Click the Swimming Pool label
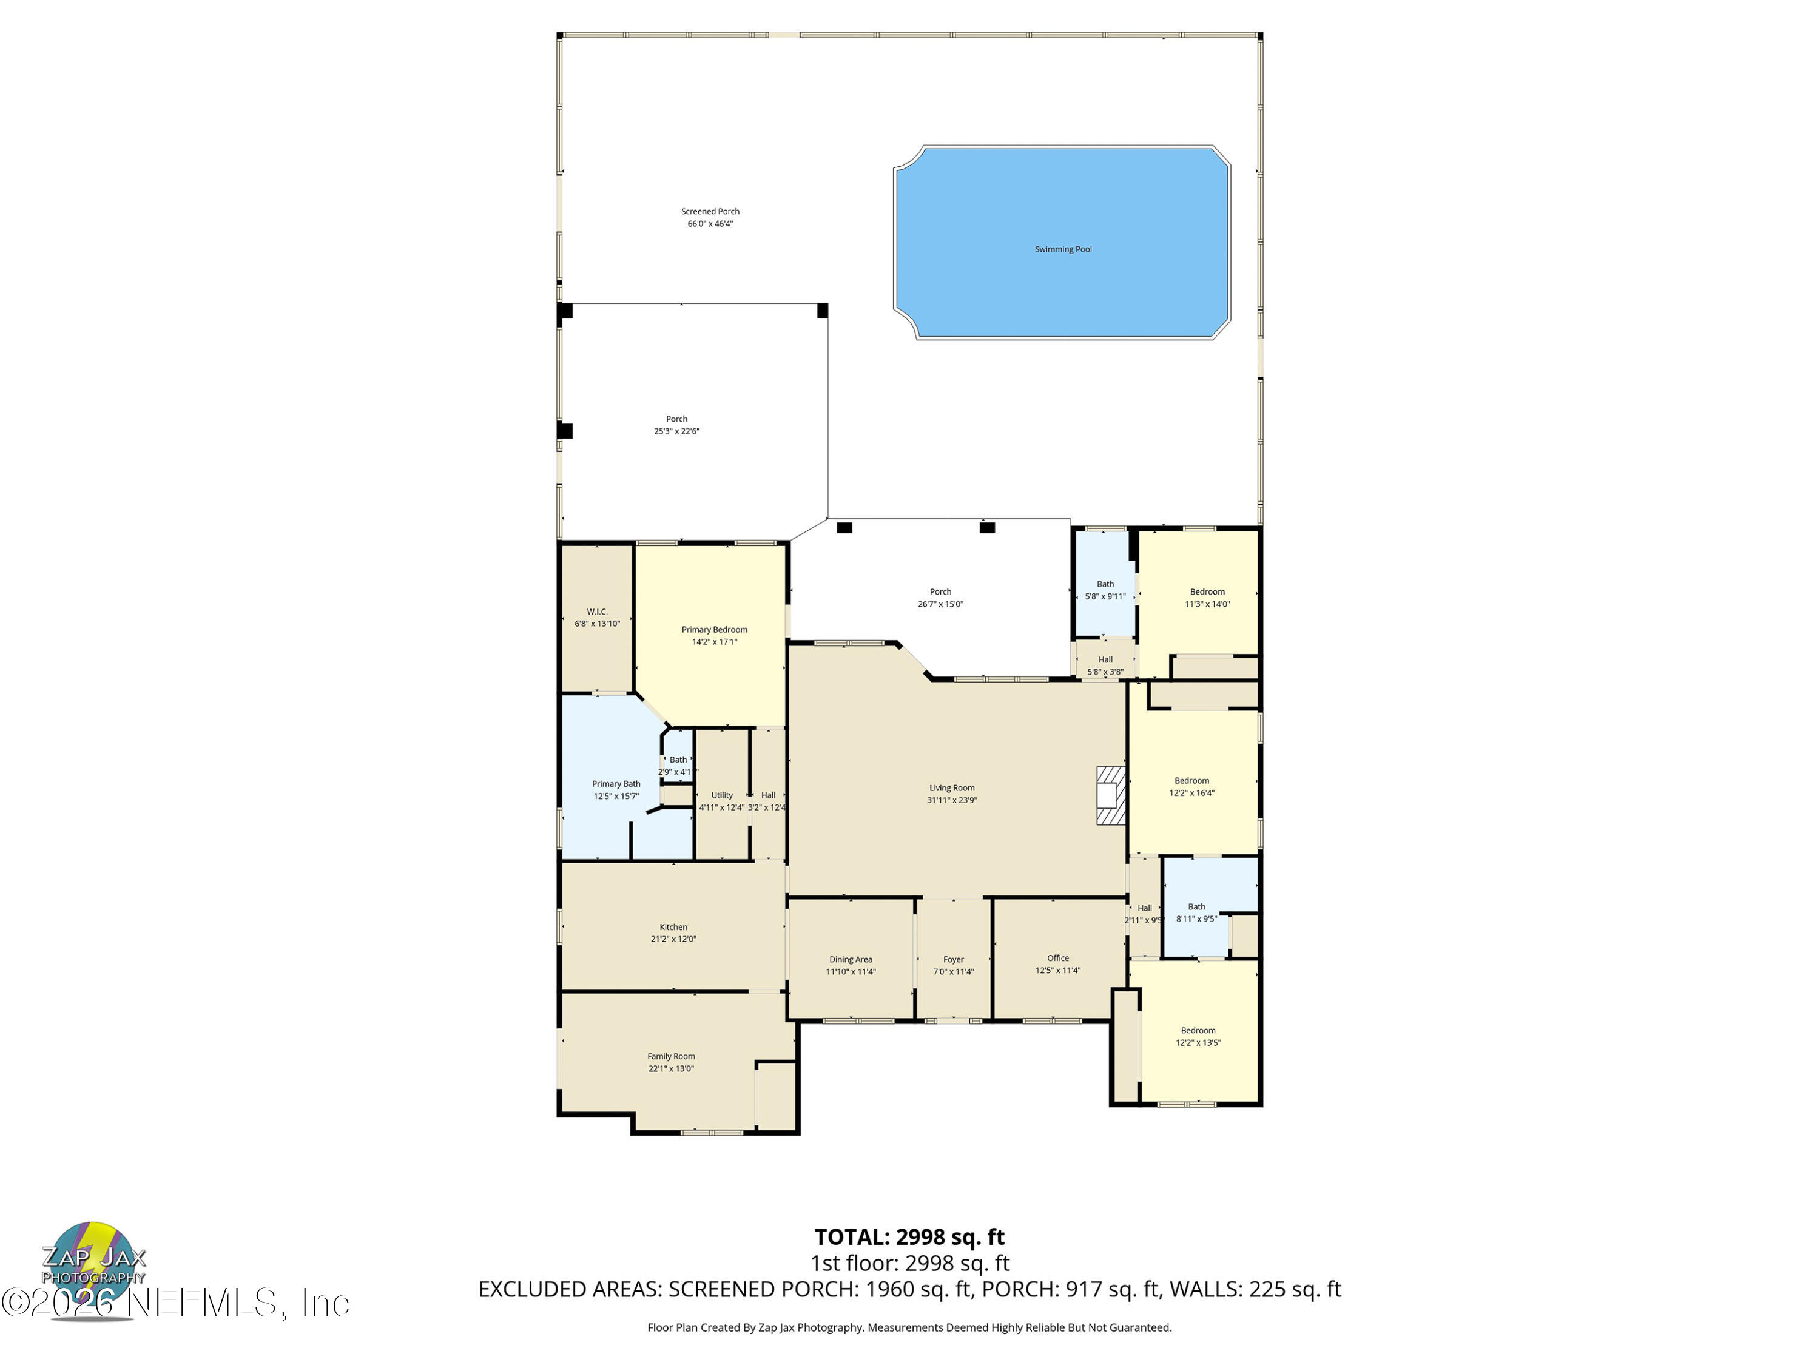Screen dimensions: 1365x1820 [x=1063, y=249]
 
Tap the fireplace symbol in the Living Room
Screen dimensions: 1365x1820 [x=1110, y=795]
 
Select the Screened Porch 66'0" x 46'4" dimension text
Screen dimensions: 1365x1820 [x=710, y=224]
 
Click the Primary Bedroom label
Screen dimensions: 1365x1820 [x=714, y=630]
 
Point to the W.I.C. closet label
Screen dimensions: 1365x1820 [x=598, y=612]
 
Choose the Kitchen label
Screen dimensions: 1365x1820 [x=673, y=926]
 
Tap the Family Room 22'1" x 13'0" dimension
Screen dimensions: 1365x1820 [x=670, y=1069]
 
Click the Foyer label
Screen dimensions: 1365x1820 [x=954, y=959]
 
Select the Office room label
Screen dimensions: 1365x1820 [x=1058, y=958]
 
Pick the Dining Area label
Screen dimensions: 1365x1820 [x=851, y=959]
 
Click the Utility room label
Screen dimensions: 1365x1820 [x=721, y=795]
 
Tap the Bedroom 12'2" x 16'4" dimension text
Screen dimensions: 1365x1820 [x=1191, y=793]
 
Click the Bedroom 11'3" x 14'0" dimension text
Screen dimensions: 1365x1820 [x=1207, y=604]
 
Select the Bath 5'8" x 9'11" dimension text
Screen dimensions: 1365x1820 [x=1105, y=596]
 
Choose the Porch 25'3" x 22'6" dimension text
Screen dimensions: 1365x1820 [x=676, y=431]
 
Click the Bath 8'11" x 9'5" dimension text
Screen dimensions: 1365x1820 [x=1196, y=919]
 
